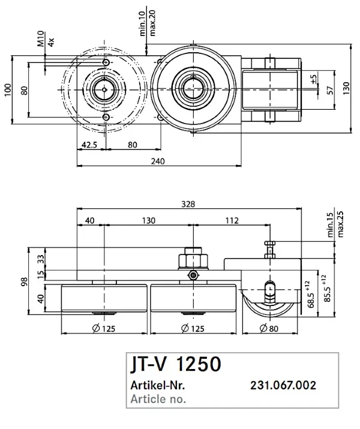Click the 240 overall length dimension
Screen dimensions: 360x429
point(158,161)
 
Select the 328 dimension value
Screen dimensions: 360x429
point(188,204)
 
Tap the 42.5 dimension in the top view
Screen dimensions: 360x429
point(89,145)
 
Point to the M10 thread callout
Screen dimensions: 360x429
point(41,38)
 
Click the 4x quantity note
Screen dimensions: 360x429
point(51,42)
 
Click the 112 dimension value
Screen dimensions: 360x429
point(232,221)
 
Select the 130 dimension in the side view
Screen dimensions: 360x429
point(149,221)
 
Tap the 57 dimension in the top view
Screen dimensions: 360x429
point(331,90)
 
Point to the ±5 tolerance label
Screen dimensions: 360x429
point(314,79)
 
